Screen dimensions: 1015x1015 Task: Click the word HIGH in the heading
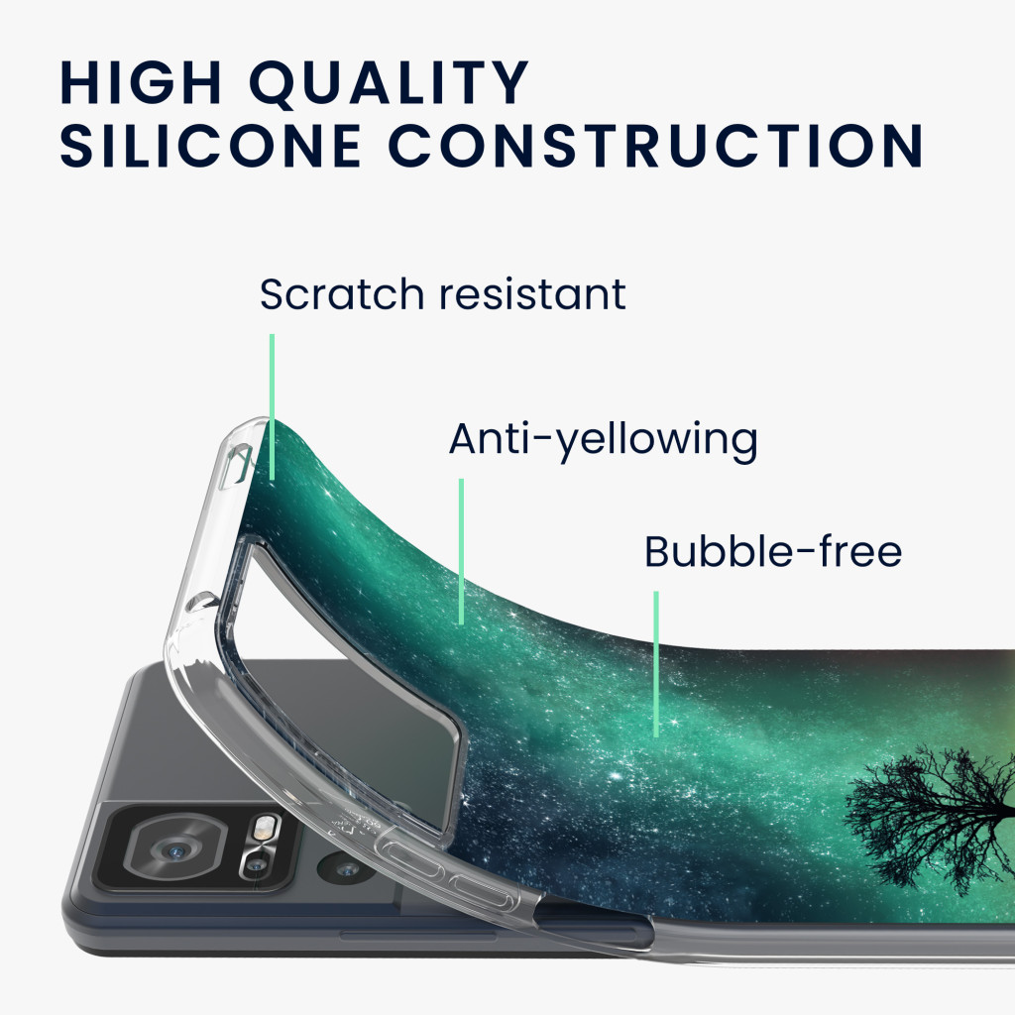pyautogui.click(x=141, y=82)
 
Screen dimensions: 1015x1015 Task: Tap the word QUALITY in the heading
pyautogui.click(x=390, y=82)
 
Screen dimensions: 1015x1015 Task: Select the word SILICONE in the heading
pyautogui.click(x=210, y=146)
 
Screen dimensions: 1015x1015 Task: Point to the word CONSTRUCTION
pyautogui.click(x=656, y=146)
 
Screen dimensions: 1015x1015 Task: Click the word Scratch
pyautogui.click(x=342, y=293)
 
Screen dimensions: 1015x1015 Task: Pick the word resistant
pyautogui.click(x=532, y=294)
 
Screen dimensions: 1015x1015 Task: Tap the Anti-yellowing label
pyautogui.click(x=604, y=440)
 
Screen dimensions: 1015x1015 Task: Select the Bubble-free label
pyautogui.click(x=773, y=551)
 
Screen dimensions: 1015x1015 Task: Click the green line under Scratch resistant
pyautogui.click(x=272, y=406)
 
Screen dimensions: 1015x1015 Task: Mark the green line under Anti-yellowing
pyautogui.click(x=461, y=551)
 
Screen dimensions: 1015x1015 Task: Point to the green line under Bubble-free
pyautogui.click(x=656, y=664)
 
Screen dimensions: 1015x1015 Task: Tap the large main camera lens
pyautogui.click(x=174, y=849)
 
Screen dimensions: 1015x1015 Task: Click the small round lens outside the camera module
pyautogui.click(x=347, y=868)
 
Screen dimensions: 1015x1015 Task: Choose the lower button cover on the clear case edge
pyautogui.click(x=485, y=892)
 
